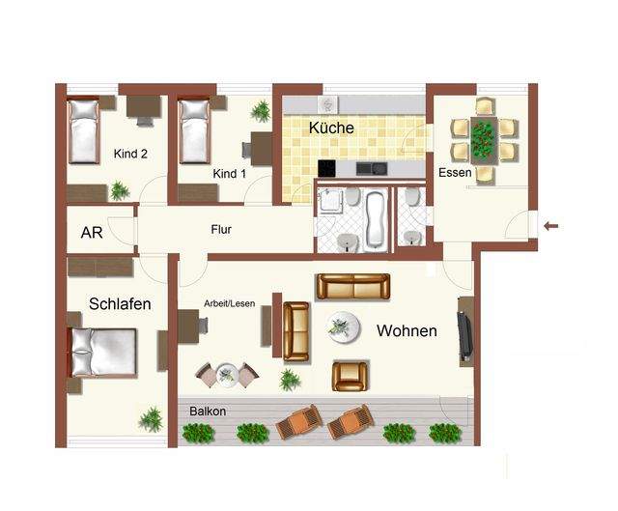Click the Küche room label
point(331,128)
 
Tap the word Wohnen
point(407,330)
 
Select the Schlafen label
point(120,304)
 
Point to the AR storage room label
point(92,233)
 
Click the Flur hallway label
point(221,230)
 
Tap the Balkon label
point(208,412)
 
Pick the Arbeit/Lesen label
point(230,303)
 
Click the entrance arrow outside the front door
point(550,226)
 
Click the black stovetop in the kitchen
point(326,168)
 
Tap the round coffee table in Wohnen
point(344,327)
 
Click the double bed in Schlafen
point(103,353)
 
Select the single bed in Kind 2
point(83,131)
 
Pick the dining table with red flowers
point(484,140)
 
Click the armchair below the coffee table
point(350,376)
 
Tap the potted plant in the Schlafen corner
point(151,419)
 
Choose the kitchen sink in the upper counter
point(327,104)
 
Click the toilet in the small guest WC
point(412,196)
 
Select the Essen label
point(455,173)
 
